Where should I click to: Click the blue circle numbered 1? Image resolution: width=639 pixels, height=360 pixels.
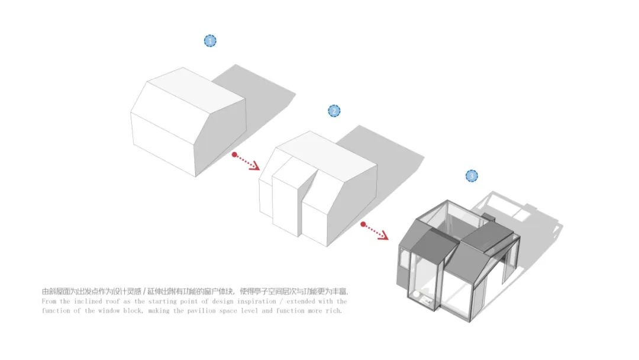click(210, 41)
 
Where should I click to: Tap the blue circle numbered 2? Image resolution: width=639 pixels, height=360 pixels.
click(334, 111)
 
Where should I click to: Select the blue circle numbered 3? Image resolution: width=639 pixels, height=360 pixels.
click(472, 176)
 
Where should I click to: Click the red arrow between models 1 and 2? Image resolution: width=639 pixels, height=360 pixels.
click(246, 162)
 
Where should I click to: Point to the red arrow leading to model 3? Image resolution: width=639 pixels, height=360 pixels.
click(375, 231)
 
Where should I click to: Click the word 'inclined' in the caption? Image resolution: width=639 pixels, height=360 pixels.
click(88, 301)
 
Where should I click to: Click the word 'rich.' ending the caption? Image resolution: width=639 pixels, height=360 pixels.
click(334, 311)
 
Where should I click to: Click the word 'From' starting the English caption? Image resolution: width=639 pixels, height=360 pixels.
click(49, 301)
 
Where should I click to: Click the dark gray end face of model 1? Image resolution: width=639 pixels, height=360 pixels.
click(220, 137)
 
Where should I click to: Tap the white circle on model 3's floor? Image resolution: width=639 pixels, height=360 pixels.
click(415, 294)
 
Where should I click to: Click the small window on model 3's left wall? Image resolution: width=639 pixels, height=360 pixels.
click(405, 259)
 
